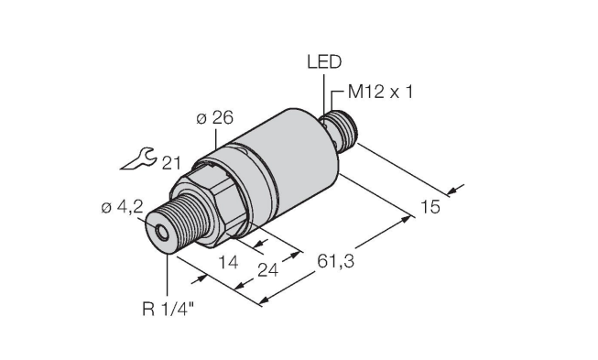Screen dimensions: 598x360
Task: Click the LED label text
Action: [x=324, y=61]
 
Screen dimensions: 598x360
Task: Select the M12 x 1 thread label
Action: [x=380, y=93]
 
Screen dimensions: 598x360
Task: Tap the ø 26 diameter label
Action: [x=214, y=118]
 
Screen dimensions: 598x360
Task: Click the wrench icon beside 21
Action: [x=138, y=158]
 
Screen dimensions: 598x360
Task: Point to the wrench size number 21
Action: [x=171, y=163]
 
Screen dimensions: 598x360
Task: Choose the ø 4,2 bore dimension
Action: [x=122, y=207]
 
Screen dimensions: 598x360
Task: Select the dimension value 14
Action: [x=228, y=262]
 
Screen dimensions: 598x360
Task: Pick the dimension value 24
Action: [x=268, y=270]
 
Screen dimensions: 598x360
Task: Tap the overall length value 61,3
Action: [x=335, y=262]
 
